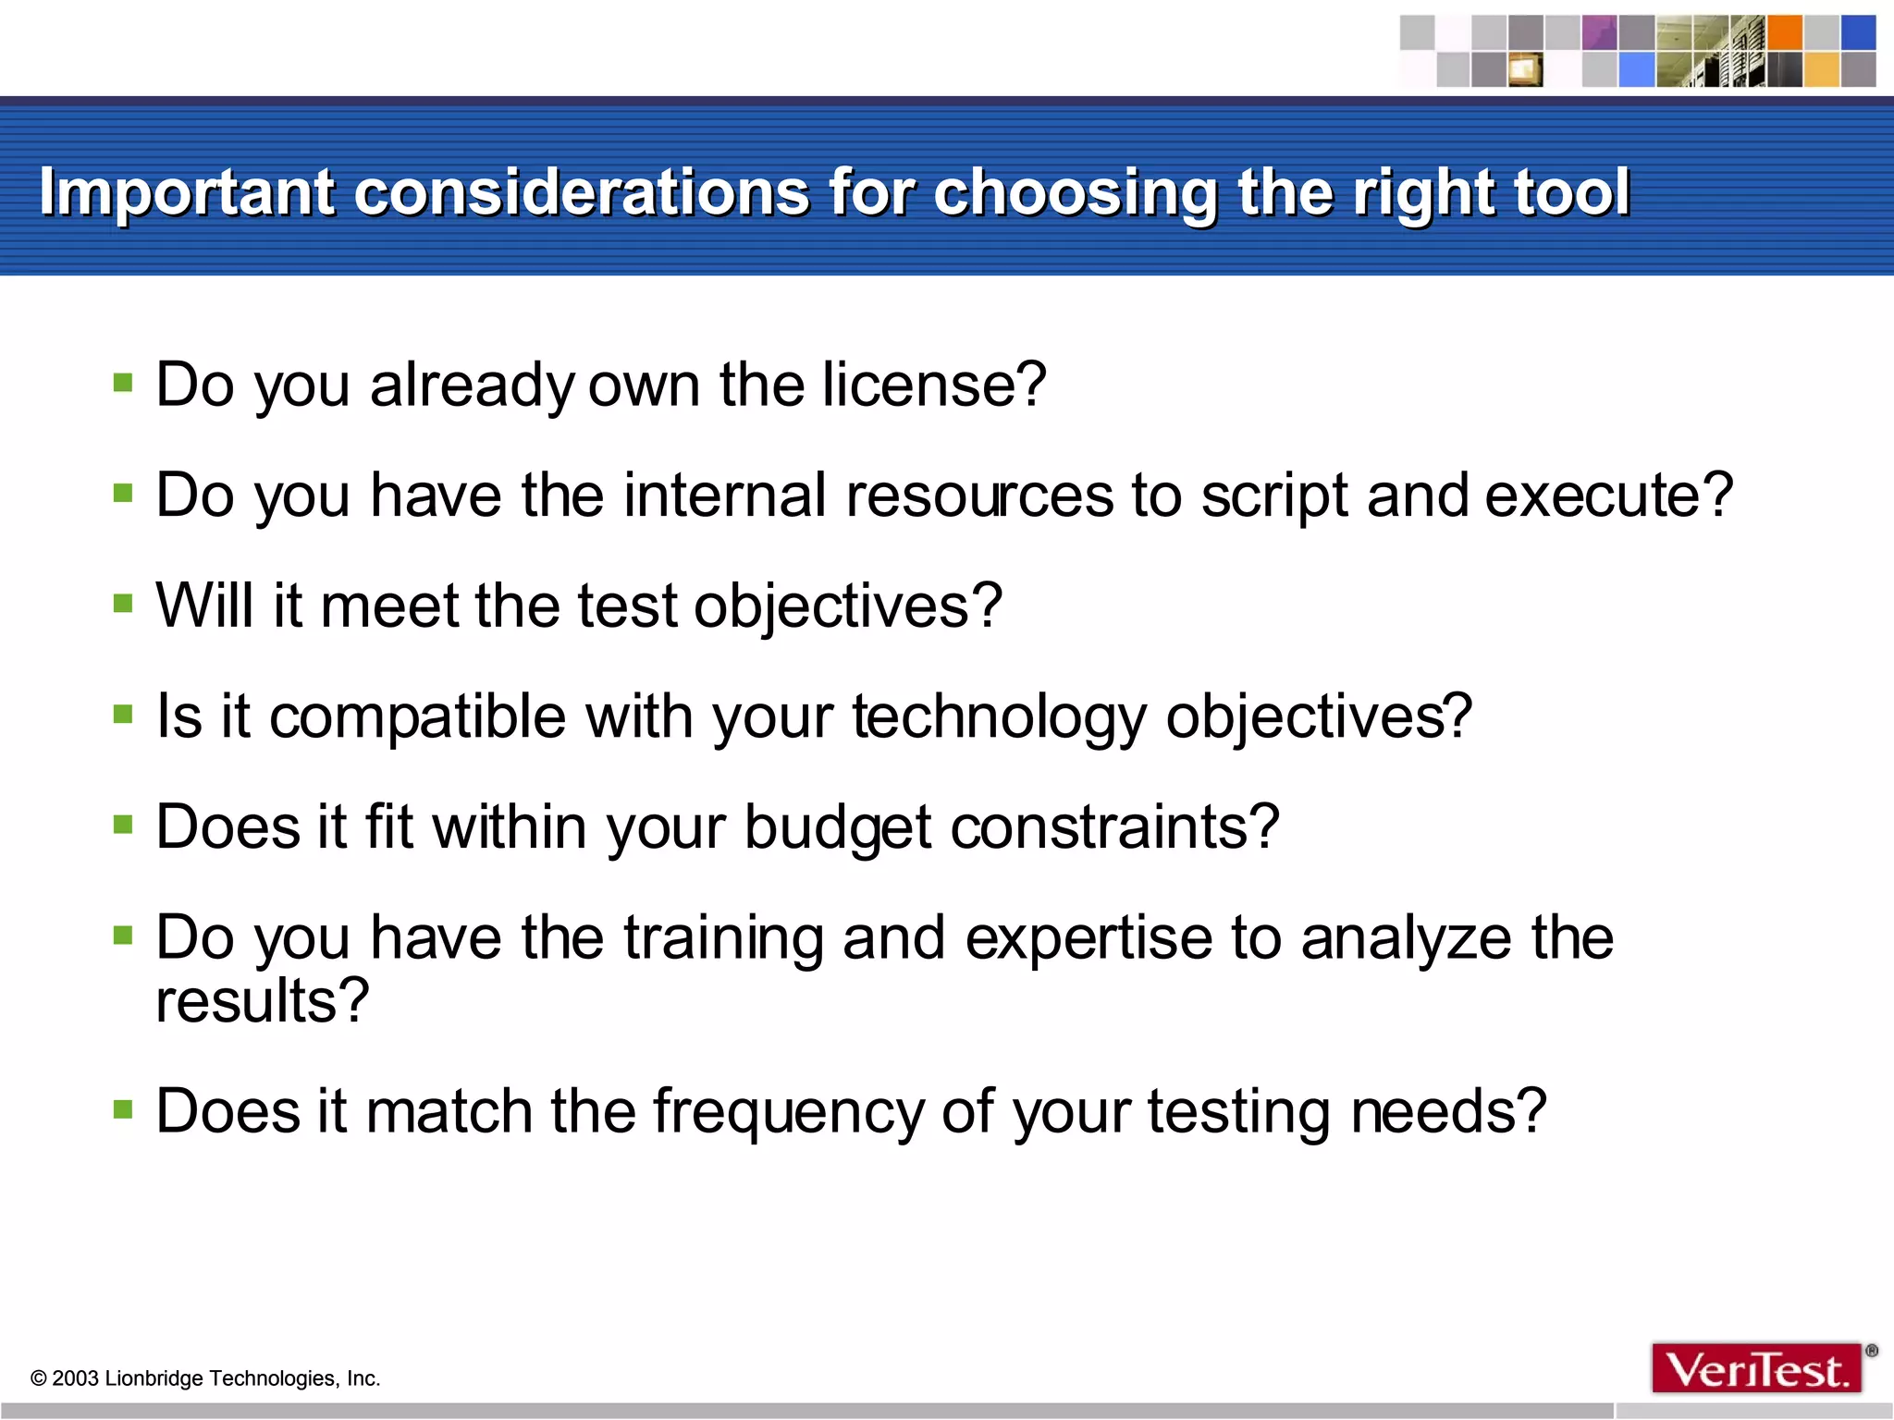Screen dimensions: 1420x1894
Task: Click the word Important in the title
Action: (x=186, y=193)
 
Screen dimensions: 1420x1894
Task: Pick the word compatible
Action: (x=417, y=717)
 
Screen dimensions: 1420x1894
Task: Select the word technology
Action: (x=999, y=717)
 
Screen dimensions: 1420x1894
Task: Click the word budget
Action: (x=838, y=827)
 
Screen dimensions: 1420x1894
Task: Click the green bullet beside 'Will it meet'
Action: (x=123, y=604)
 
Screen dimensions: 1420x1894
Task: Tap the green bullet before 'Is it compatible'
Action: (x=123, y=714)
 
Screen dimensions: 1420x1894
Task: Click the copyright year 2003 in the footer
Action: (x=75, y=1378)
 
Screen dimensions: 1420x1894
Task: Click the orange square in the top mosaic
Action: (x=1784, y=32)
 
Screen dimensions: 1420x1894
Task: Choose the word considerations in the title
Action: (x=582, y=193)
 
